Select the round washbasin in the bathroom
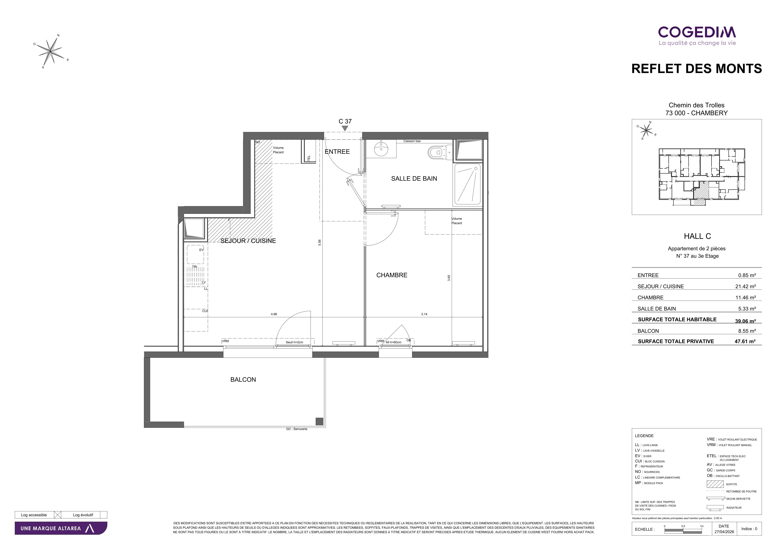point(381,149)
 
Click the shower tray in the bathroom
point(468,185)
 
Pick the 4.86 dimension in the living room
point(274,314)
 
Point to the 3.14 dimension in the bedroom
point(424,314)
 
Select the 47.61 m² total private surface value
point(745,341)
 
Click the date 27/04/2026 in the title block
point(724,532)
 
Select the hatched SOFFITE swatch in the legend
point(715,484)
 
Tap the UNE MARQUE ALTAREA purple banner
point(61,528)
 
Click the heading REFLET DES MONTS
point(697,69)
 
